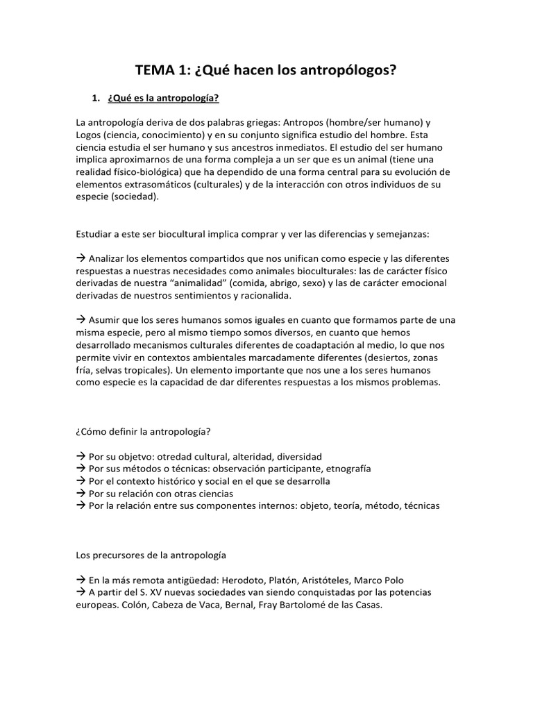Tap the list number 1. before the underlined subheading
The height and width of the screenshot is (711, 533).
tap(98, 98)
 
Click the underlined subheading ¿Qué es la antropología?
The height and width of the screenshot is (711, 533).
tap(163, 98)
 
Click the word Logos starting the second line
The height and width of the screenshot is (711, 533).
tap(89, 134)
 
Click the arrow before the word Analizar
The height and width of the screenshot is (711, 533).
tap(81, 258)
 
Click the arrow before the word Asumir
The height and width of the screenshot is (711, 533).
tap(81, 320)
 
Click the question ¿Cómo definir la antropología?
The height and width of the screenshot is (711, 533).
tap(144, 431)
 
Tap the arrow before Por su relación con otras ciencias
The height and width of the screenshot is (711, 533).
tap(81, 494)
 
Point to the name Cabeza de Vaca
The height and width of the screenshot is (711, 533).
tap(148, 605)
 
